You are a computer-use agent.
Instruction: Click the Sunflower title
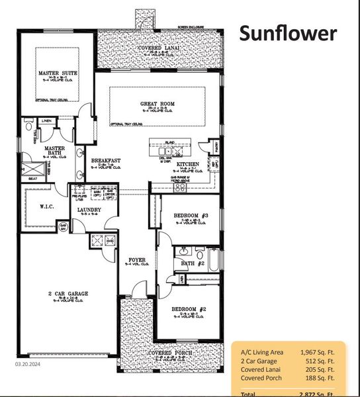(288, 33)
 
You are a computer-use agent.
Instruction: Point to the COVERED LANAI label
(157, 49)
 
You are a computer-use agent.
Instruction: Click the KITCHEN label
(188, 164)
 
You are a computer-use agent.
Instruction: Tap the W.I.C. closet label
(47, 206)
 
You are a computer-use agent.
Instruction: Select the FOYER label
(136, 260)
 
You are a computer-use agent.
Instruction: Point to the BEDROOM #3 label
(191, 216)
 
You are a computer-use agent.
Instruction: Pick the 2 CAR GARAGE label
(69, 293)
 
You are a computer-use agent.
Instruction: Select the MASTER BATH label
(53, 152)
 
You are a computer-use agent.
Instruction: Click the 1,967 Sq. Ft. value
(320, 351)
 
